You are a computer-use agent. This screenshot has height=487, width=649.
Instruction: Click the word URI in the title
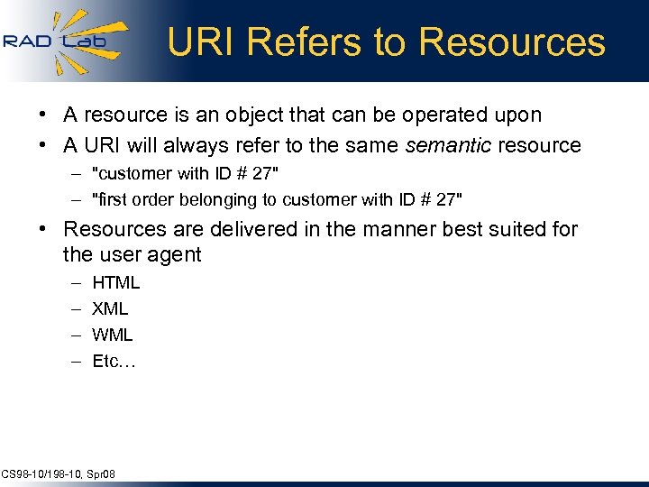click(x=200, y=42)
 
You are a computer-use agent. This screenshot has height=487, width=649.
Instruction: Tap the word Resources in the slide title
click(x=513, y=42)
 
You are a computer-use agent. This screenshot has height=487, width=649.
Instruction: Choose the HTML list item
click(x=116, y=283)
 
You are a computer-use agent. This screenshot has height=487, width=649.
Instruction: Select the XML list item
click(x=111, y=309)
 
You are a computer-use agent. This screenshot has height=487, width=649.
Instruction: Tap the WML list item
click(x=113, y=335)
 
